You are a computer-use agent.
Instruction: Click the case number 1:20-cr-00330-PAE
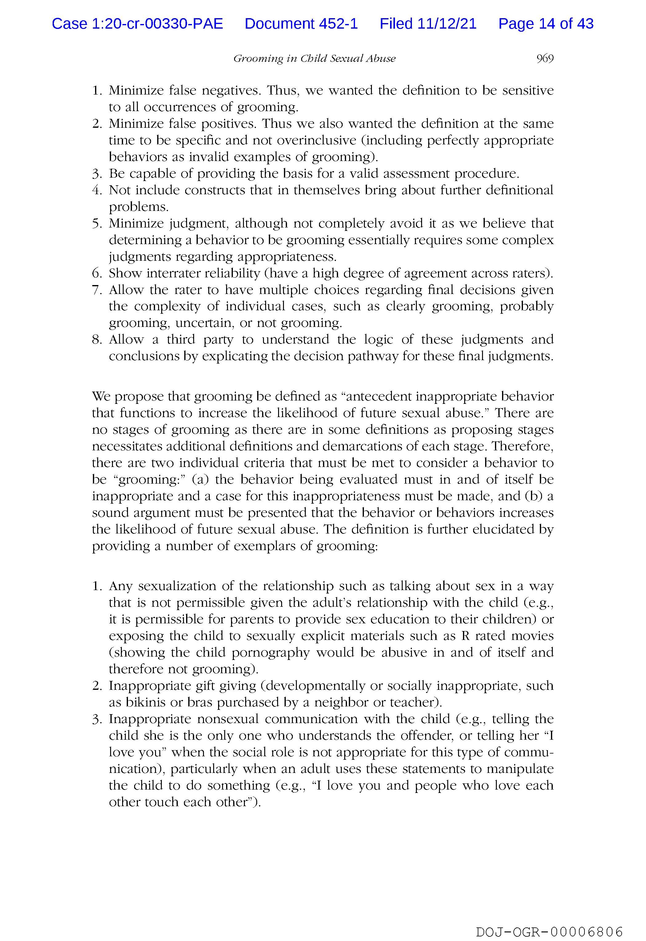click(137, 24)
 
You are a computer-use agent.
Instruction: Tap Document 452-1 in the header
click(301, 24)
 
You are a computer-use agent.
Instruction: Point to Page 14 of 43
click(546, 24)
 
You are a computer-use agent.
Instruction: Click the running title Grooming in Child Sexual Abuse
click(314, 59)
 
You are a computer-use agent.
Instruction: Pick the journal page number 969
click(545, 59)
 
